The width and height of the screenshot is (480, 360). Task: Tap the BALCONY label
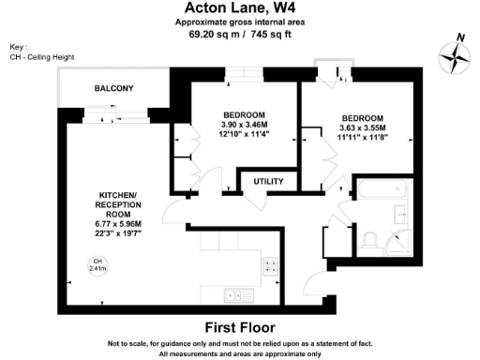[113, 89]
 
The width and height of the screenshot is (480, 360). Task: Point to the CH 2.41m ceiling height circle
[96, 265]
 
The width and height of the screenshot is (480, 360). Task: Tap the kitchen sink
[230, 297]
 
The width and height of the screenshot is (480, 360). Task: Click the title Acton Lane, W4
[239, 8]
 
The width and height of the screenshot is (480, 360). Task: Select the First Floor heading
[239, 327]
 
